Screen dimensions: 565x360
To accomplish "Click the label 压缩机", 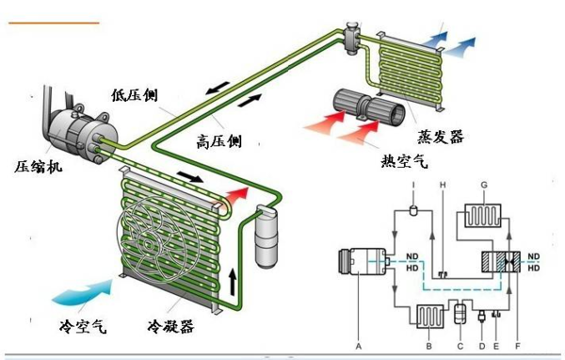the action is (x=39, y=167).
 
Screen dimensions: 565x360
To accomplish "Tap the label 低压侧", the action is (x=135, y=95).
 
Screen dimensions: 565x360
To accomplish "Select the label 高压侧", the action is (x=218, y=141).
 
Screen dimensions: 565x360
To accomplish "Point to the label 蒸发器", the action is (x=441, y=137).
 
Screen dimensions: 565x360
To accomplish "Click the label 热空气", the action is (x=404, y=160).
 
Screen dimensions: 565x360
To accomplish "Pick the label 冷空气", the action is (x=83, y=326).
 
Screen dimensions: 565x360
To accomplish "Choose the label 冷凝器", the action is (x=170, y=326).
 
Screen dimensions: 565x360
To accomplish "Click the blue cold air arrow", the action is (x=84, y=292).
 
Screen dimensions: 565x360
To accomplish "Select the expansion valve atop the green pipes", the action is (x=351, y=38).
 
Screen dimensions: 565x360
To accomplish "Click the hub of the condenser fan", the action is (x=148, y=245).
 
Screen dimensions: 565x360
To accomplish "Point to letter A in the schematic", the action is (x=358, y=346).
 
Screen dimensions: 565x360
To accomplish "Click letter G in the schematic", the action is (x=484, y=185).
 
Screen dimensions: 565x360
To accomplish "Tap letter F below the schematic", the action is (x=518, y=346).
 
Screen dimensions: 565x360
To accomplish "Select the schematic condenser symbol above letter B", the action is (x=429, y=317).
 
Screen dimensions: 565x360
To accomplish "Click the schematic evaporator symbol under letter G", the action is (x=482, y=216).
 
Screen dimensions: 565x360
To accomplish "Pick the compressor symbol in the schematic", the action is (x=363, y=261).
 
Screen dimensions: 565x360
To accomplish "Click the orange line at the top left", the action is (x=54, y=23).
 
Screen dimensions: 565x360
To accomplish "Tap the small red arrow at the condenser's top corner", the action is (x=237, y=195).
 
